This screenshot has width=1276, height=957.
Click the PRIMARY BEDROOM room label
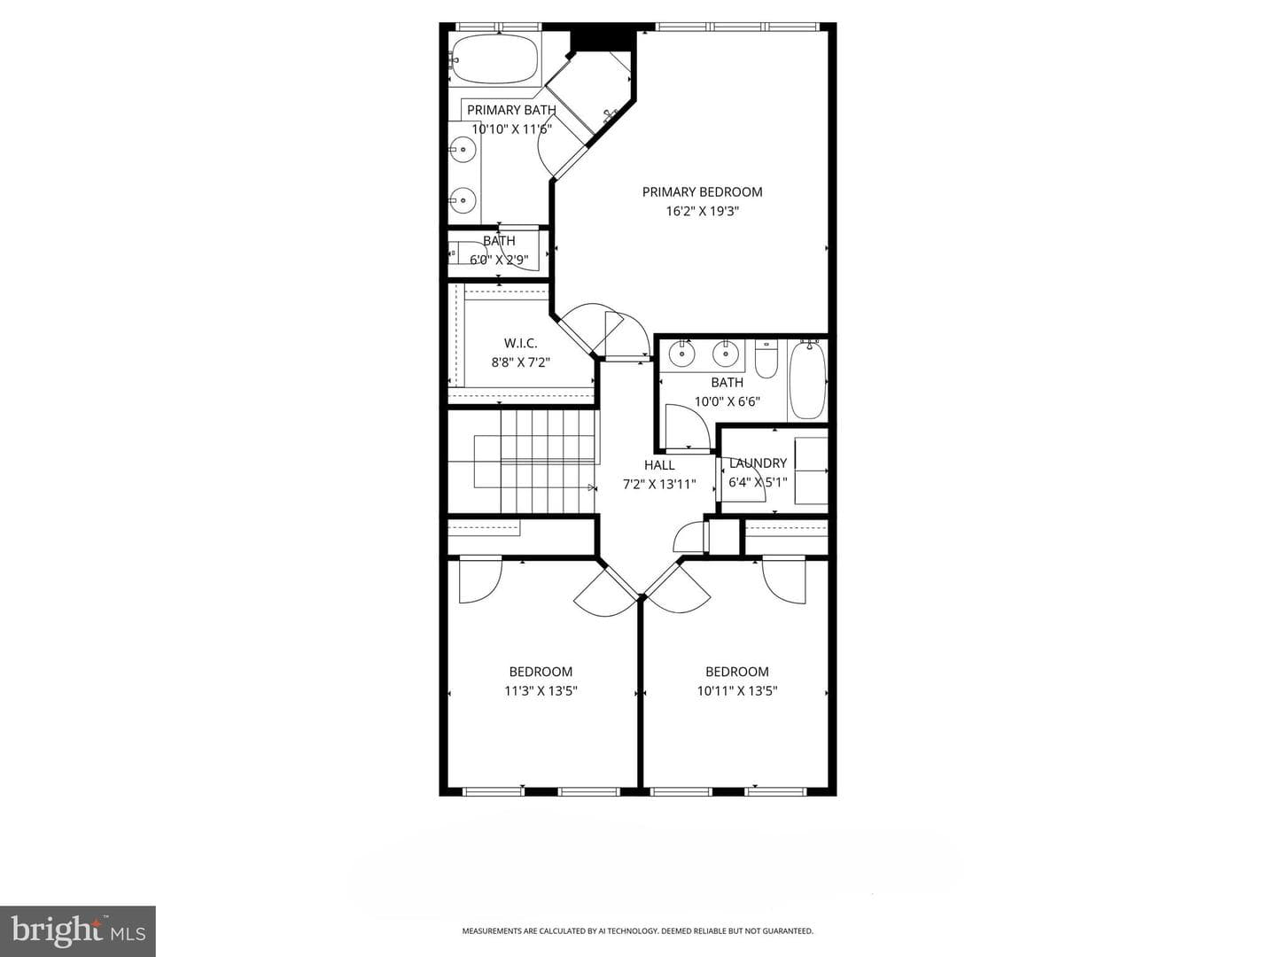pos(702,191)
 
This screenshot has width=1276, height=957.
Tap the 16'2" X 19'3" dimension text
pos(702,211)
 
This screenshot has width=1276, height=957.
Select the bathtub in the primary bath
pos(495,58)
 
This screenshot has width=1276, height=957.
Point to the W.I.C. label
pos(520,344)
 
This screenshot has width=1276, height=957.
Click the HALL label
pos(659,465)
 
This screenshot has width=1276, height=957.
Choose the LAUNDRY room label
pos(758,463)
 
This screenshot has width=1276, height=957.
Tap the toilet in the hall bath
pos(766,359)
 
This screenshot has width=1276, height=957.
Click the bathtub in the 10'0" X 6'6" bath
pos(807,379)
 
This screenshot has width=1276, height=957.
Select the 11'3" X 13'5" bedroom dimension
pos(541,691)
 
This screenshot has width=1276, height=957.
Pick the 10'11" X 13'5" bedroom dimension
pos(737,691)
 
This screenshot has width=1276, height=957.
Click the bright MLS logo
pos(78,932)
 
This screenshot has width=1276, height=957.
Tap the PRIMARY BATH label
pos(511,110)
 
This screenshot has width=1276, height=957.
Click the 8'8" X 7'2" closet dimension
pos(521,362)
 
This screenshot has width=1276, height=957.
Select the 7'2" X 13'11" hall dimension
pos(659,484)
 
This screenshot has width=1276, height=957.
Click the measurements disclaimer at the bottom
pos(638,930)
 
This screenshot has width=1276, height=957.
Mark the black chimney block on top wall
pos(603,38)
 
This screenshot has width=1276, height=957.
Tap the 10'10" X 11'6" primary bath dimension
pos(511,129)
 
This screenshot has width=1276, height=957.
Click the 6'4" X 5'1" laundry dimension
pos(758,482)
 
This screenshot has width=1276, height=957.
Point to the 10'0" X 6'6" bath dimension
pos(727,401)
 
